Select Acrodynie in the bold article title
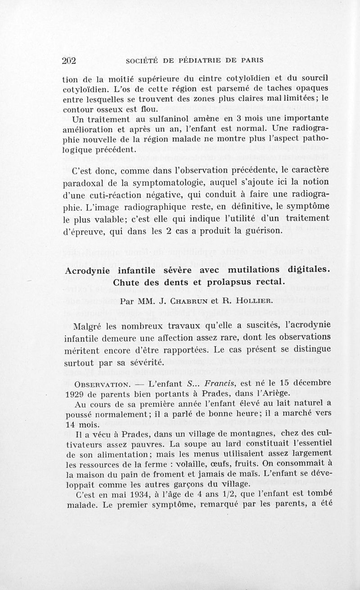click(x=88, y=271)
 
